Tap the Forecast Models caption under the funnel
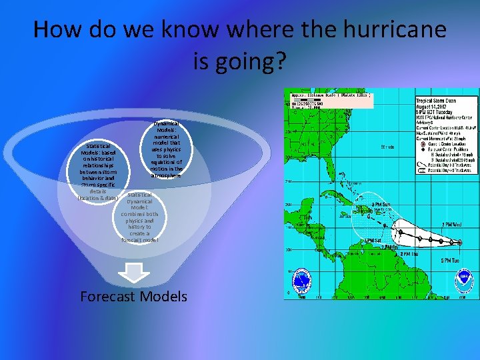[133, 297]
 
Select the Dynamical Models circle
[165, 150]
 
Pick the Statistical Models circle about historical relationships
[99, 171]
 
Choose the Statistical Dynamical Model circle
[139, 217]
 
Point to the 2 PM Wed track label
[453, 225]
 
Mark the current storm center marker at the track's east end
[459, 243]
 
